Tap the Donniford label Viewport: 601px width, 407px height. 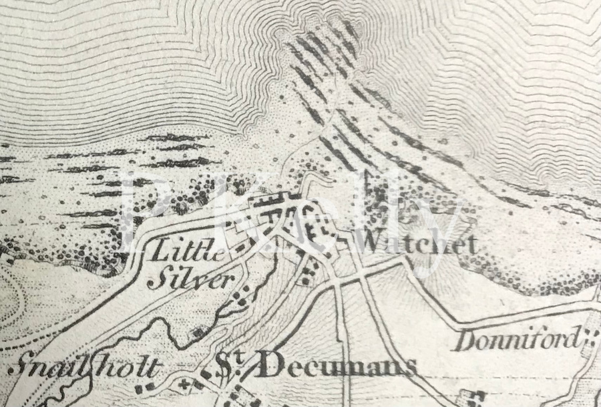pos(516,341)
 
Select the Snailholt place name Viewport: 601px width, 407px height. pos(85,368)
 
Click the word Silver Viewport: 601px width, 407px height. pos(191,279)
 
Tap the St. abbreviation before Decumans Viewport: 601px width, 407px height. pos(228,365)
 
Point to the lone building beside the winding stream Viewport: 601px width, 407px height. pos(197,332)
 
